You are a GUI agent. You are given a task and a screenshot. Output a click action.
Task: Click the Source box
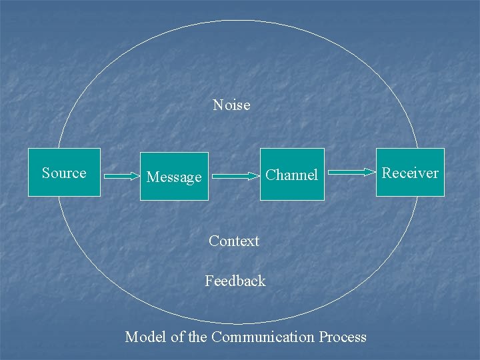64,173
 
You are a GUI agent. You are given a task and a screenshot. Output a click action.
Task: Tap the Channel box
292,175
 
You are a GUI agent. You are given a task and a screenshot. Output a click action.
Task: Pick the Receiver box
410,173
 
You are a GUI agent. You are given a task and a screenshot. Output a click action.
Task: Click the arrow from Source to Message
120,177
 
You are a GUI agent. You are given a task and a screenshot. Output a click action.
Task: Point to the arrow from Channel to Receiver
352,172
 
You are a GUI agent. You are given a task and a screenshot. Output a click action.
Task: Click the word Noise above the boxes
231,105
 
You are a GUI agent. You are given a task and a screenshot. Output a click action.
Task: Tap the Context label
233,241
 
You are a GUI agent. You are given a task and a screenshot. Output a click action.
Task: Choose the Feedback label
235,281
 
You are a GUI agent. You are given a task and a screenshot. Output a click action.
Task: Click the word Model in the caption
145,337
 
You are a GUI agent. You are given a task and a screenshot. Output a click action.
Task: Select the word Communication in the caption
263,337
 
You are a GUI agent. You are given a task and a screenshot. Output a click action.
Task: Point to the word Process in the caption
342,337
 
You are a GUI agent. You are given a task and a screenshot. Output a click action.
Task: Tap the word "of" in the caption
177,337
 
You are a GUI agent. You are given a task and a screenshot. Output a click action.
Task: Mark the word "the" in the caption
197,337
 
